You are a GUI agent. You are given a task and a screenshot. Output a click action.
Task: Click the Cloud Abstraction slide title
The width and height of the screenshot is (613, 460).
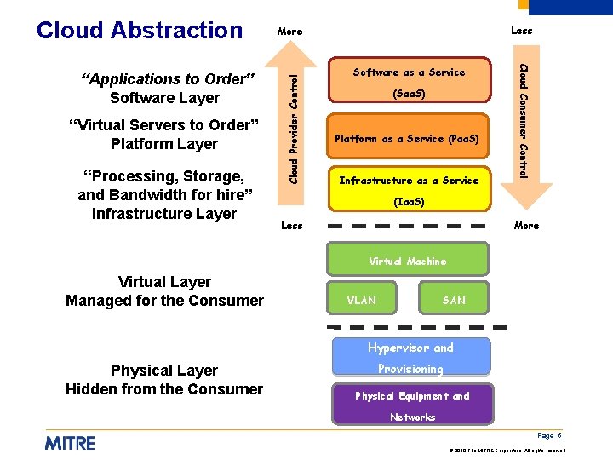pyautogui.click(x=140, y=30)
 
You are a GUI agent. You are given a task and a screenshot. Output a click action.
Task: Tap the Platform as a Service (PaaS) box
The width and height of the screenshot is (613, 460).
pyautogui.click(x=407, y=138)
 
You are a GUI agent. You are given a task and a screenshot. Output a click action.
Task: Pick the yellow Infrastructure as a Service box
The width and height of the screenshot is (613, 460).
pyautogui.click(x=409, y=191)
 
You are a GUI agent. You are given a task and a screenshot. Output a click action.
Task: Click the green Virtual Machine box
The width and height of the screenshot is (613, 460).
pyautogui.click(x=407, y=261)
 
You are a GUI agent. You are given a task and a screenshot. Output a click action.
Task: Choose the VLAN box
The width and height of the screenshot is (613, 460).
pyautogui.click(x=361, y=301)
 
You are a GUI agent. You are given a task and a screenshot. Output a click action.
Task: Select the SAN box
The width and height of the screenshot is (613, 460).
pyautogui.click(x=454, y=301)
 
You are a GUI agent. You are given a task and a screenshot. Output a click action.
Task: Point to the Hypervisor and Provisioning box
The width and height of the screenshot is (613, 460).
pyautogui.click(x=410, y=358)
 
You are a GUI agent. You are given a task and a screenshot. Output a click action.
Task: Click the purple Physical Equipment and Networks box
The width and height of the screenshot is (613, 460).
pyautogui.click(x=412, y=405)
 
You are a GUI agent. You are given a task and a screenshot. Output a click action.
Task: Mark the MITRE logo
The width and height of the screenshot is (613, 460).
pyautogui.click(x=70, y=443)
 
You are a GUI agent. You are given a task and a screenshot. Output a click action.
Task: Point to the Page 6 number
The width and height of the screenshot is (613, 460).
pyautogui.click(x=549, y=435)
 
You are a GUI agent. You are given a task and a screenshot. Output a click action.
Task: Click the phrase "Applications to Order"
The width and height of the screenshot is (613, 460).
pyautogui.click(x=168, y=79)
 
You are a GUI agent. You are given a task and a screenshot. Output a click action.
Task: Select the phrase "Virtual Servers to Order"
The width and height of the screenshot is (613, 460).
pyautogui.click(x=163, y=125)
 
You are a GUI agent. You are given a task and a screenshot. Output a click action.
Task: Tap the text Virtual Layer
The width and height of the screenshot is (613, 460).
pyautogui.click(x=164, y=282)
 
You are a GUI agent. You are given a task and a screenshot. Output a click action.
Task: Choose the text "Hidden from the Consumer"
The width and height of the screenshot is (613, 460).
pyautogui.click(x=164, y=389)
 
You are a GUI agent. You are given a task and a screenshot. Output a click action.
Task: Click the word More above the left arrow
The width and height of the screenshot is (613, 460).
pyautogui.click(x=289, y=32)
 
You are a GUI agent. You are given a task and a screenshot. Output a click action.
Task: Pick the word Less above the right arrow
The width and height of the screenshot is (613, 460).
pyautogui.click(x=521, y=31)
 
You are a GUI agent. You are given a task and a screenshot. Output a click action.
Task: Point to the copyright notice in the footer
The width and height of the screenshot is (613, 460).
pyautogui.click(x=506, y=449)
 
